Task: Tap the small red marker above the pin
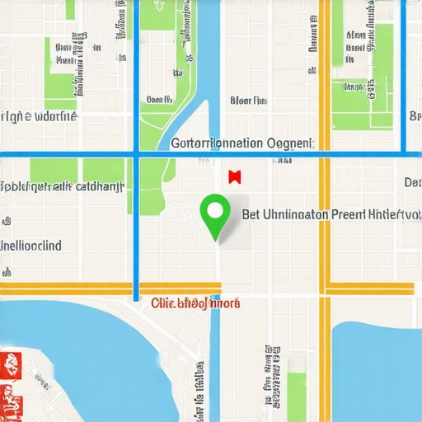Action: coord(233,176)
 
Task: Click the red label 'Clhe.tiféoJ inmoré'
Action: coord(196,302)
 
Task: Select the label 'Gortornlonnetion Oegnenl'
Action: coord(241,143)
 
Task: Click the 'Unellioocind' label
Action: coord(31,245)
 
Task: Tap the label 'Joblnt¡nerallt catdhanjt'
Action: coord(62,186)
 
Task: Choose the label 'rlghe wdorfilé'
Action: coord(40,116)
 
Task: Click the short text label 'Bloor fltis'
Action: coord(248,101)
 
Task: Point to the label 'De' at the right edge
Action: coord(412,181)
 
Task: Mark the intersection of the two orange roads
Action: coord(325,288)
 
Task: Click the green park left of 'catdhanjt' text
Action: coord(53,169)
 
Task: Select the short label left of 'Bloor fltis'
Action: coord(158,100)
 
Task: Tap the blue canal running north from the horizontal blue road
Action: coord(210,66)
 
